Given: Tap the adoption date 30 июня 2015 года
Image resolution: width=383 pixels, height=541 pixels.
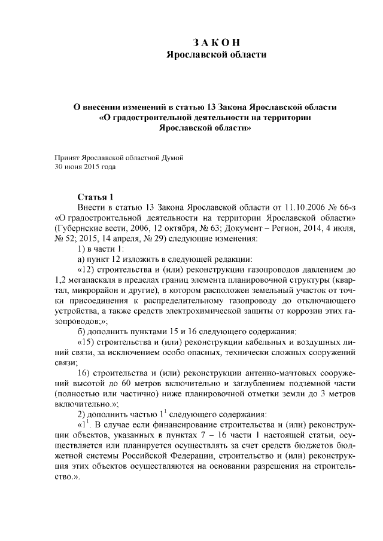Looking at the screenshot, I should click(84, 167).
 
